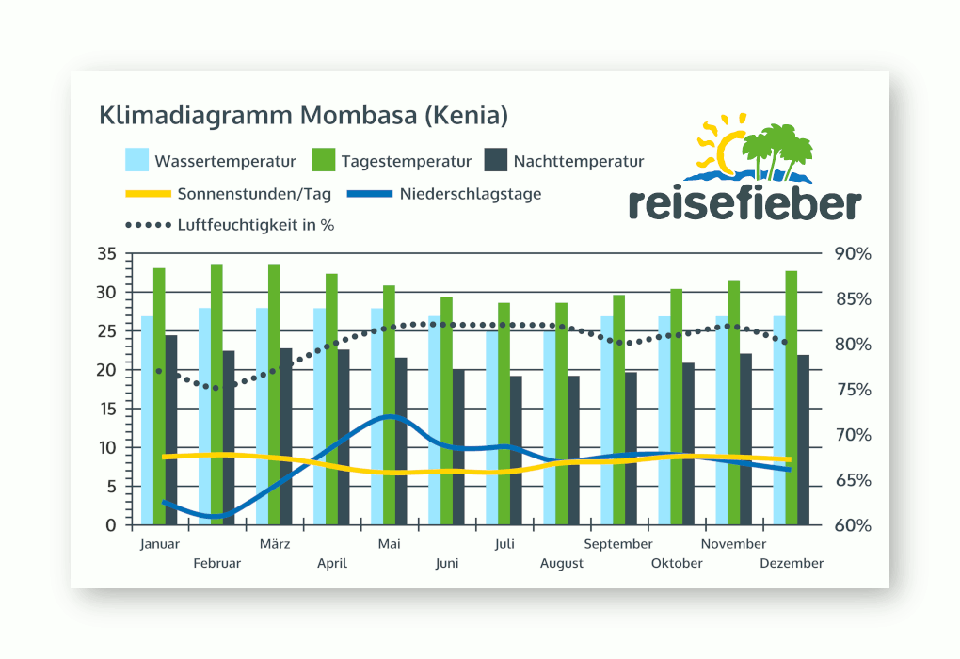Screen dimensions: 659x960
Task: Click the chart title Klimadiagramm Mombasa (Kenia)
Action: tap(303, 116)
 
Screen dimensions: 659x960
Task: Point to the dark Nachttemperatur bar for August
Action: tap(573, 450)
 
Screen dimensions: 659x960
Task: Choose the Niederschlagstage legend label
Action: tap(470, 194)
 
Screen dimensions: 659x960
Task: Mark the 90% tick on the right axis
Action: tap(853, 254)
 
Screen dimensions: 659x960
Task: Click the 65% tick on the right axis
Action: tap(853, 480)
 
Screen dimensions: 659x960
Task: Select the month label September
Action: tap(618, 544)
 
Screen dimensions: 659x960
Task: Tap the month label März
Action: tap(274, 544)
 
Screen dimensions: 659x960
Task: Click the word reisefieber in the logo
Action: tap(744, 202)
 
